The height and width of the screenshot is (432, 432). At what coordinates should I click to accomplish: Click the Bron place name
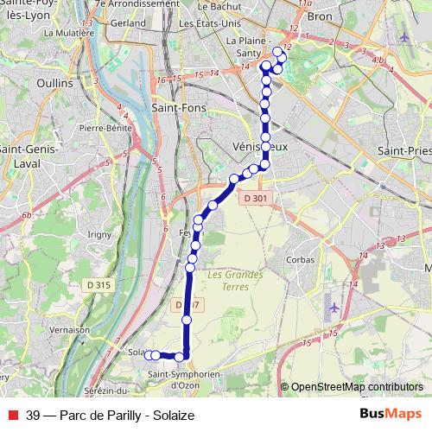[320, 16]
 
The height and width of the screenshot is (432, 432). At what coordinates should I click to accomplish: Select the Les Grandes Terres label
[235, 280]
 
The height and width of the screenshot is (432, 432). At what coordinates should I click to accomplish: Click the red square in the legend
[12, 415]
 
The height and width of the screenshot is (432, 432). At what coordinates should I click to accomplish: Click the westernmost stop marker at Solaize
[148, 354]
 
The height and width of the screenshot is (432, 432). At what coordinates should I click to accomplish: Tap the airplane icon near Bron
[407, 38]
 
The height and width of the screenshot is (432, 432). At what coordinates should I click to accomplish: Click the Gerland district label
[128, 23]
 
